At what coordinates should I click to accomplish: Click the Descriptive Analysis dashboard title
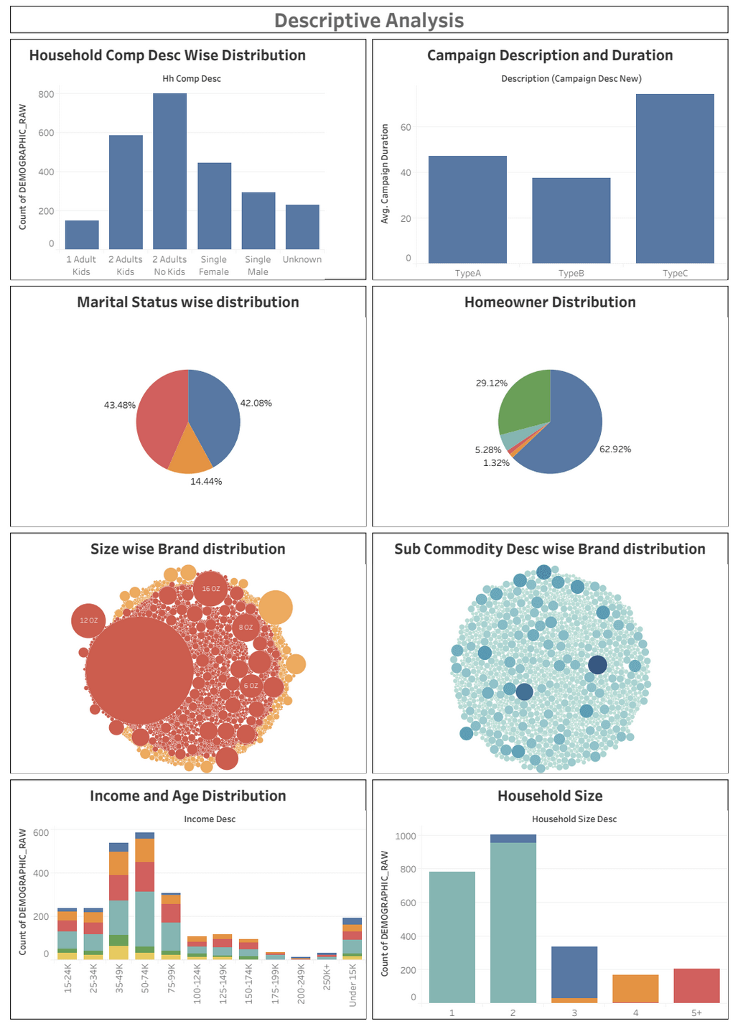point(369,21)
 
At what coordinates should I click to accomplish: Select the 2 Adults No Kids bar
point(169,172)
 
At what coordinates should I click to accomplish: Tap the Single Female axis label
point(214,266)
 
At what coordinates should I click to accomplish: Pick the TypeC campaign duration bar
point(675,179)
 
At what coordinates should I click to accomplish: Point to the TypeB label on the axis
point(571,274)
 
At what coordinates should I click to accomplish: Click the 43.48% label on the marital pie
point(119,405)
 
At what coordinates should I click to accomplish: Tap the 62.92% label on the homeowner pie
point(615,450)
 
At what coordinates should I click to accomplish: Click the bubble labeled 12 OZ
point(88,620)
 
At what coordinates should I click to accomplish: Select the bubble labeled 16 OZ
point(211,589)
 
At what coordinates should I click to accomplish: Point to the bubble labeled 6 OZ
point(251,686)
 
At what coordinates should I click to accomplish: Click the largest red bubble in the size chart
point(139,670)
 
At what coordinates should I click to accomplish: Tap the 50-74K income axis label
point(145,978)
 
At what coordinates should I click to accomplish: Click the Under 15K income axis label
point(352,984)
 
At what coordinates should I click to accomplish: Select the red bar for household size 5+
point(696,986)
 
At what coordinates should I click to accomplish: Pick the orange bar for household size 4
point(635,988)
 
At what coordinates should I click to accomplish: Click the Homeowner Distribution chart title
point(550,302)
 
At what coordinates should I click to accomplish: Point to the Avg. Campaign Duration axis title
point(385,174)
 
